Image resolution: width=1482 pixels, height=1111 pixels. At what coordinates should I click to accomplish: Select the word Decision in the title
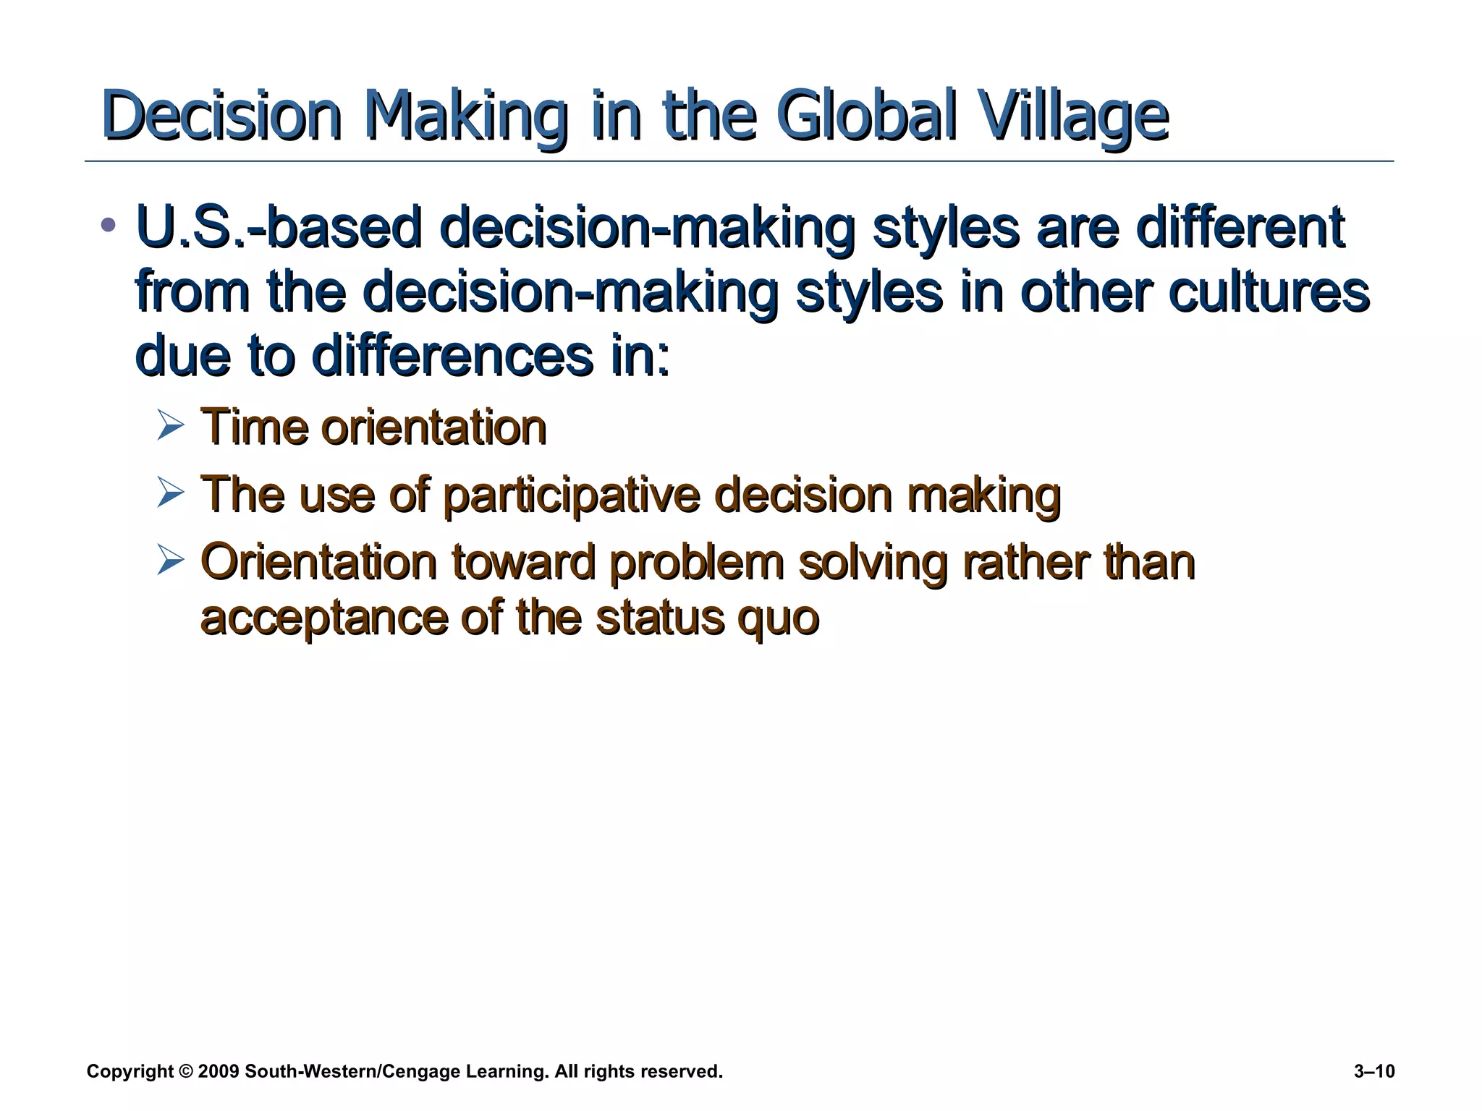[221, 116]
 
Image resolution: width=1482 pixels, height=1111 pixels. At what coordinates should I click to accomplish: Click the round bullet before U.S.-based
[109, 225]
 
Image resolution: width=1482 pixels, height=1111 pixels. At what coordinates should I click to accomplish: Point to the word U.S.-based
[279, 228]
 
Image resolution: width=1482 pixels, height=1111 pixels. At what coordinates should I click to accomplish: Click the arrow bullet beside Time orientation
[171, 426]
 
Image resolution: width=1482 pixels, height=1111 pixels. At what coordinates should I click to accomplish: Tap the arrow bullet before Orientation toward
[171, 562]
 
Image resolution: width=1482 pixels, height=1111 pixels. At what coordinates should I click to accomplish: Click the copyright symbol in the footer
[185, 1071]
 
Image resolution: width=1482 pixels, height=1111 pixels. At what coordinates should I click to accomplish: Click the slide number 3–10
[1373, 1071]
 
